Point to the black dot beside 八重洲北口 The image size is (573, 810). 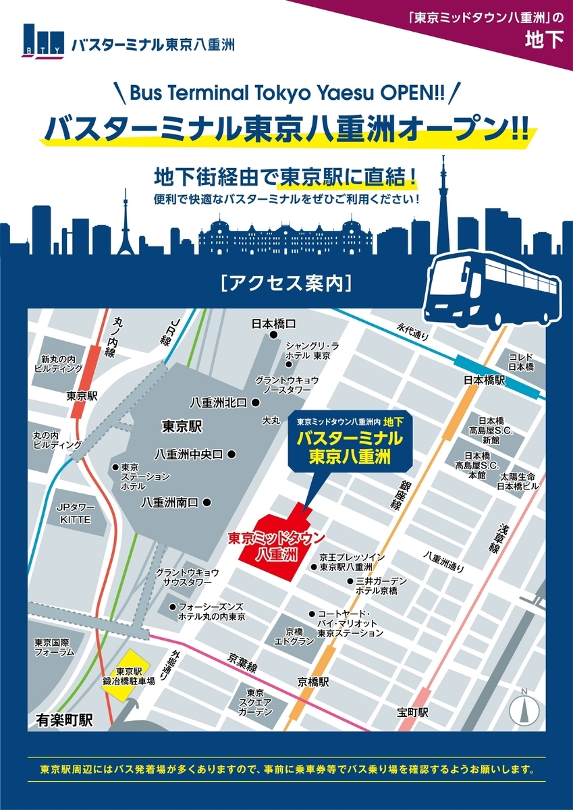tap(256, 402)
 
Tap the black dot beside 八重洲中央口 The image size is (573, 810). tap(231, 454)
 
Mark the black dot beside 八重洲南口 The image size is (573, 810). tap(207, 502)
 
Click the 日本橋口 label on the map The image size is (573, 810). tap(273, 323)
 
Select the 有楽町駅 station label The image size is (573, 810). tap(64, 720)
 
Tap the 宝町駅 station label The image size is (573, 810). tap(413, 712)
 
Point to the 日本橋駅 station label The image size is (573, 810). tap(484, 380)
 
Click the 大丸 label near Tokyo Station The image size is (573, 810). tap(271, 421)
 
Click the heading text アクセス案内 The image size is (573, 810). tap(286, 283)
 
